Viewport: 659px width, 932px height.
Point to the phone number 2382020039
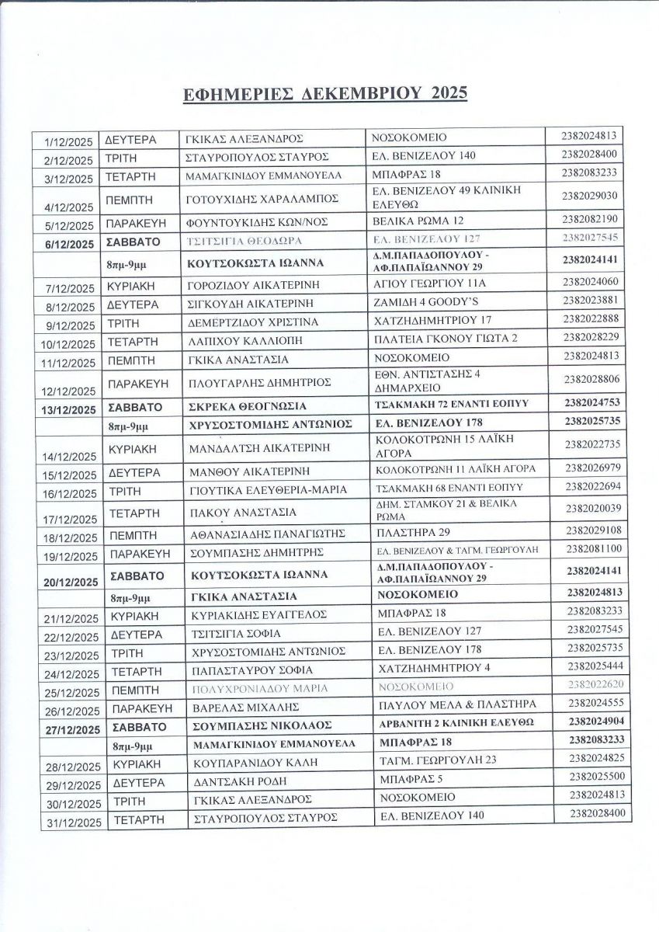(x=592, y=508)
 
